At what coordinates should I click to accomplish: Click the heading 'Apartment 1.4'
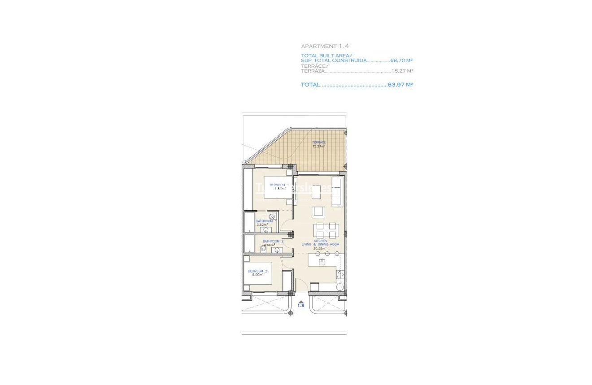click(x=325, y=46)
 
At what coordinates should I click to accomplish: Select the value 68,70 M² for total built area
click(x=401, y=60)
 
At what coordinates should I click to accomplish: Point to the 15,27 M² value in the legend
click(x=402, y=71)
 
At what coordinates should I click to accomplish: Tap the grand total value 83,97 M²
click(x=400, y=85)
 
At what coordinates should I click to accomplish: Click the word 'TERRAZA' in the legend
click(x=312, y=71)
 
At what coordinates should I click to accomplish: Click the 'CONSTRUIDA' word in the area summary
click(x=350, y=60)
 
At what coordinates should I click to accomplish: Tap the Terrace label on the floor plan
click(x=318, y=143)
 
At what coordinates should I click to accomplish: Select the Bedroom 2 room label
click(x=257, y=271)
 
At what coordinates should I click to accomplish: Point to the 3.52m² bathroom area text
click(x=262, y=225)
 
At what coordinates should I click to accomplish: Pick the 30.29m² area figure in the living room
click(x=319, y=248)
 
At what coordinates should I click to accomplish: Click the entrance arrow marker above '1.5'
click(x=301, y=301)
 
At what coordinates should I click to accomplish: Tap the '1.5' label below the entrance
click(x=301, y=306)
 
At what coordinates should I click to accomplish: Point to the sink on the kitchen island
click(x=322, y=261)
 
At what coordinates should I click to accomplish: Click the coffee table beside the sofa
click(x=317, y=192)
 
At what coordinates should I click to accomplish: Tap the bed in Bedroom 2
click(x=259, y=273)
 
